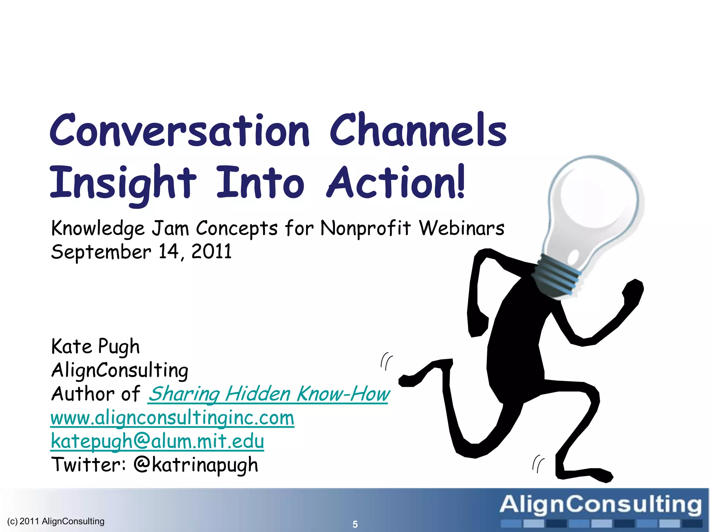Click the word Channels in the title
[x=418, y=130]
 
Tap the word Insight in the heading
[x=123, y=183]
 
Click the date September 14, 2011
[x=141, y=252]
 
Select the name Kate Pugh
[x=95, y=347]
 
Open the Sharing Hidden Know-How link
[x=269, y=394]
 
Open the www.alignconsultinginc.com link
[x=172, y=418]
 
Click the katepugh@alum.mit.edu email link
[x=157, y=441]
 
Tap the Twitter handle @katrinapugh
[x=196, y=465]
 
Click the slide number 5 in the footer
[x=355, y=524]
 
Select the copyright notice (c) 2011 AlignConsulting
[x=55, y=521]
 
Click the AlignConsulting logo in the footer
[x=600, y=509]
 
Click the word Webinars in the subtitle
[x=461, y=229]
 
